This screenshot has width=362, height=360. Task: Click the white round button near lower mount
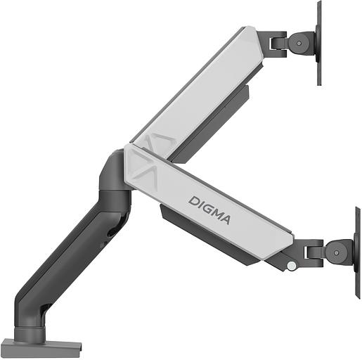[x=291, y=266]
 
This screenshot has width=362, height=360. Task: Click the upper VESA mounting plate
[x=318, y=42]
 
